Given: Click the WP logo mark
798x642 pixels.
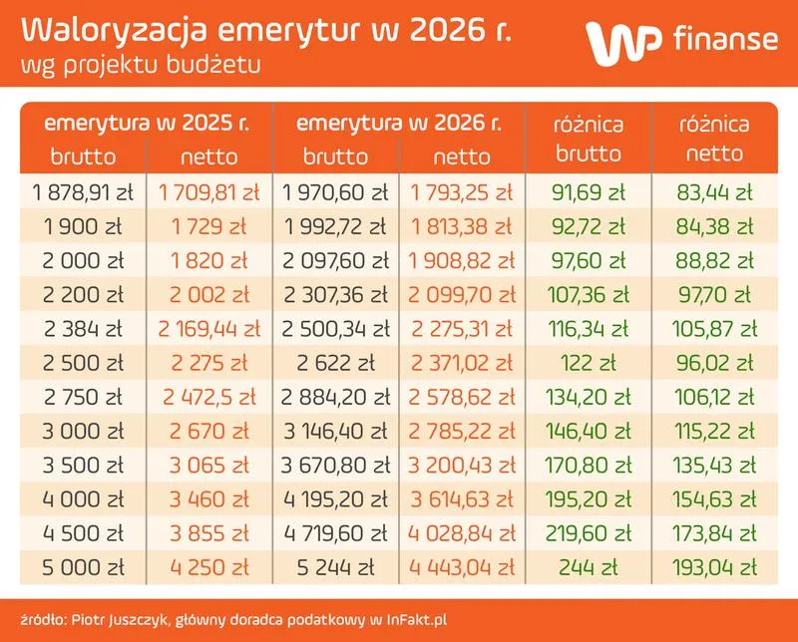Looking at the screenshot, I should coord(618,42).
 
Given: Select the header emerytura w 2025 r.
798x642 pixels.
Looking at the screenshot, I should coord(147,126).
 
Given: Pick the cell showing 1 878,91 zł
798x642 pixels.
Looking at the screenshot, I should coord(84,191).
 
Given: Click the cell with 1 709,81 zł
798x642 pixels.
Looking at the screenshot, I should coord(208,191).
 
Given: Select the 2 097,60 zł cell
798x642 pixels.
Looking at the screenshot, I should coord(336,260).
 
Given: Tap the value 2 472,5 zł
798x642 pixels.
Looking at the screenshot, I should coord(208,398).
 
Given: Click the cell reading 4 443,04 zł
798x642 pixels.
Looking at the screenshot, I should coord(461,568).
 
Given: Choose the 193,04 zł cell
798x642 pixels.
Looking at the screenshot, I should coord(714,568).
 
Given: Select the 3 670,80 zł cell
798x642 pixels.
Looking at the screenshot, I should coord(336,466).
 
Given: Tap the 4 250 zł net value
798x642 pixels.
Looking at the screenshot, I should coord(208,568).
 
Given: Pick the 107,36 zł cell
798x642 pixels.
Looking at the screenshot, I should coord(588,295).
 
